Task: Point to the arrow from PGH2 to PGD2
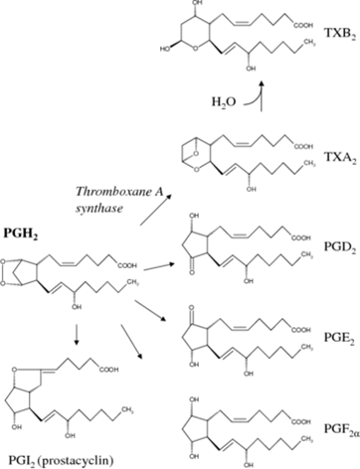(x=160, y=266)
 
